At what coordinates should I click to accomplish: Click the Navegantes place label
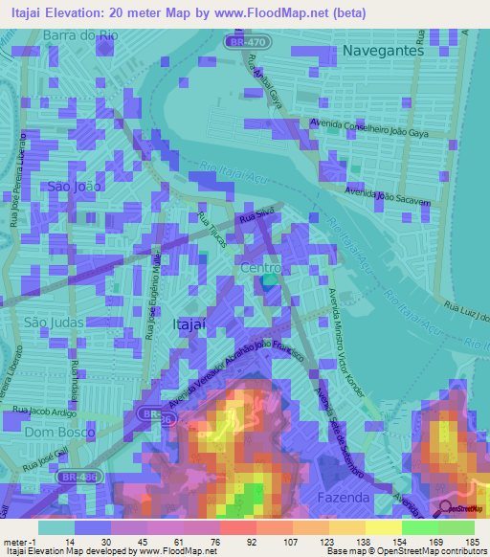[382, 51]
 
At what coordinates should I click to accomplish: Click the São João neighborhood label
[74, 189]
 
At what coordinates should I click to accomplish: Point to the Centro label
[260, 269]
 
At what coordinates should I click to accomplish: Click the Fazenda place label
[343, 499]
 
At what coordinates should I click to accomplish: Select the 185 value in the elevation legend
[470, 542]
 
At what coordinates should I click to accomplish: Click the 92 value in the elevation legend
[254, 542]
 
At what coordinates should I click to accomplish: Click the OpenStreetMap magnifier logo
[446, 509]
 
